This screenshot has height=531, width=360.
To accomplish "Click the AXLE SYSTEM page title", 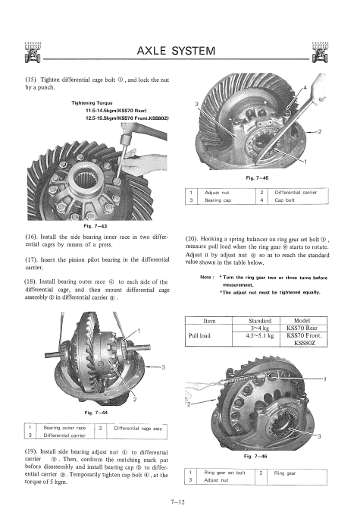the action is click(176, 51).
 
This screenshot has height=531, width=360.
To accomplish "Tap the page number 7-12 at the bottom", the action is click(178, 502).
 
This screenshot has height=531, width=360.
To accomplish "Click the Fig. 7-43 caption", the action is click(95, 226).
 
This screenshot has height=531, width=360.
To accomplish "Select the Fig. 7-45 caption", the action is click(257, 178).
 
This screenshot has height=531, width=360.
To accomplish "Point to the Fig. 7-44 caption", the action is click(95, 413).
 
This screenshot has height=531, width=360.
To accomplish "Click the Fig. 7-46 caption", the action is click(255, 456).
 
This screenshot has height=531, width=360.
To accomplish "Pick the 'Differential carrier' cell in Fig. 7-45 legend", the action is click(296, 193).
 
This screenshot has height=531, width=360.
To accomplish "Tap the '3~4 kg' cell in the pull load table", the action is click(259, 328).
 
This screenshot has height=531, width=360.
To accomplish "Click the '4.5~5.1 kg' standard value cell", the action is click(259, 335).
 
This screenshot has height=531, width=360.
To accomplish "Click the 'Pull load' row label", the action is click(199, 335).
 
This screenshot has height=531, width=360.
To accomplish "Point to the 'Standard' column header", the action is click(260, 321).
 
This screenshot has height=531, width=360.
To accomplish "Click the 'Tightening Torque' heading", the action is click(92, 102).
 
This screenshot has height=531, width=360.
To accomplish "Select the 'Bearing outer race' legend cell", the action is click(64, 428).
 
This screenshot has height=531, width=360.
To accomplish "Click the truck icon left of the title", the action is click(33, 52).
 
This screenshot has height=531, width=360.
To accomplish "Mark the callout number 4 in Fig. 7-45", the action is click(305, 88).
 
